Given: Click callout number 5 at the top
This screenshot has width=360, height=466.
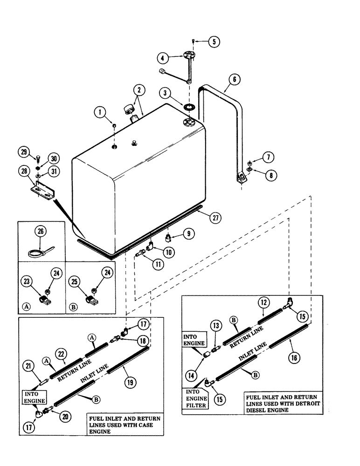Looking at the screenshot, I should coord(214,41).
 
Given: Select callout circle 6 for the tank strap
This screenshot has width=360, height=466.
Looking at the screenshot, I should coord(235,80).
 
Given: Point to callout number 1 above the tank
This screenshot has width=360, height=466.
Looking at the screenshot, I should coord(100,112).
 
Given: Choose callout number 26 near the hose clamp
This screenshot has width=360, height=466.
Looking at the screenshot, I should coord(41,231).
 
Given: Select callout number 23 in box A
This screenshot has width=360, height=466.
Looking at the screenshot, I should coord(26,281).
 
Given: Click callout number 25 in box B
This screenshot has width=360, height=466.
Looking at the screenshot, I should coord(74,281).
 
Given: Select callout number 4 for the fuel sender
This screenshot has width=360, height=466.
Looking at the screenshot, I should coord(163,59).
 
